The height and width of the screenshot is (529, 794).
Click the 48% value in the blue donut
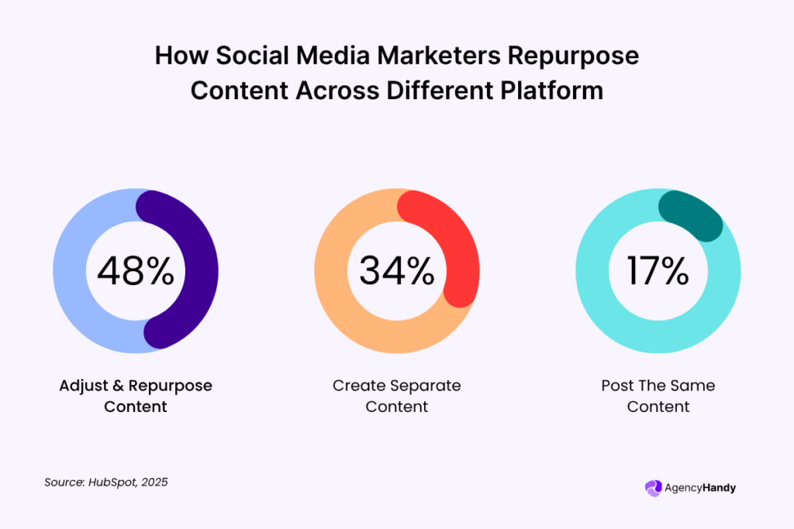tap(135, 271)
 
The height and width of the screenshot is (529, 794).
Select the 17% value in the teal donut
tap(658, 271)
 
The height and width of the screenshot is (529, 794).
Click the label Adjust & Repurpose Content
tap(135, 396)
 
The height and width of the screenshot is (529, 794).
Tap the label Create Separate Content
tap(396, 396)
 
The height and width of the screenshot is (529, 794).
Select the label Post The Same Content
tap(658, 396)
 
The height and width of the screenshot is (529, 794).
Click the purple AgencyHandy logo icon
tap(653, 488)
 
